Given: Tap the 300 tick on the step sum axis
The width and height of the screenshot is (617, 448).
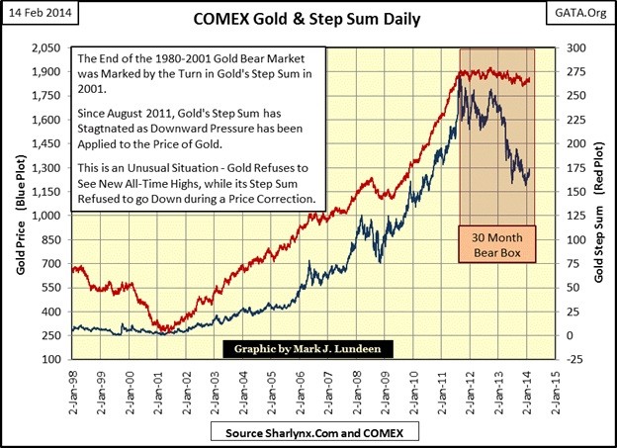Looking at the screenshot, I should (572, 48).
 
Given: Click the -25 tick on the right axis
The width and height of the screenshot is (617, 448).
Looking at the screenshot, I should (572, 360).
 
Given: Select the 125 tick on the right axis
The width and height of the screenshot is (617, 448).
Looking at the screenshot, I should (572, 216).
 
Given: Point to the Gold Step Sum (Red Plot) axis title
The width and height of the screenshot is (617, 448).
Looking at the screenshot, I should (599, 204).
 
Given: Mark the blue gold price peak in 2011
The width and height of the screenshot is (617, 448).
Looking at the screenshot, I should (460, 76).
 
